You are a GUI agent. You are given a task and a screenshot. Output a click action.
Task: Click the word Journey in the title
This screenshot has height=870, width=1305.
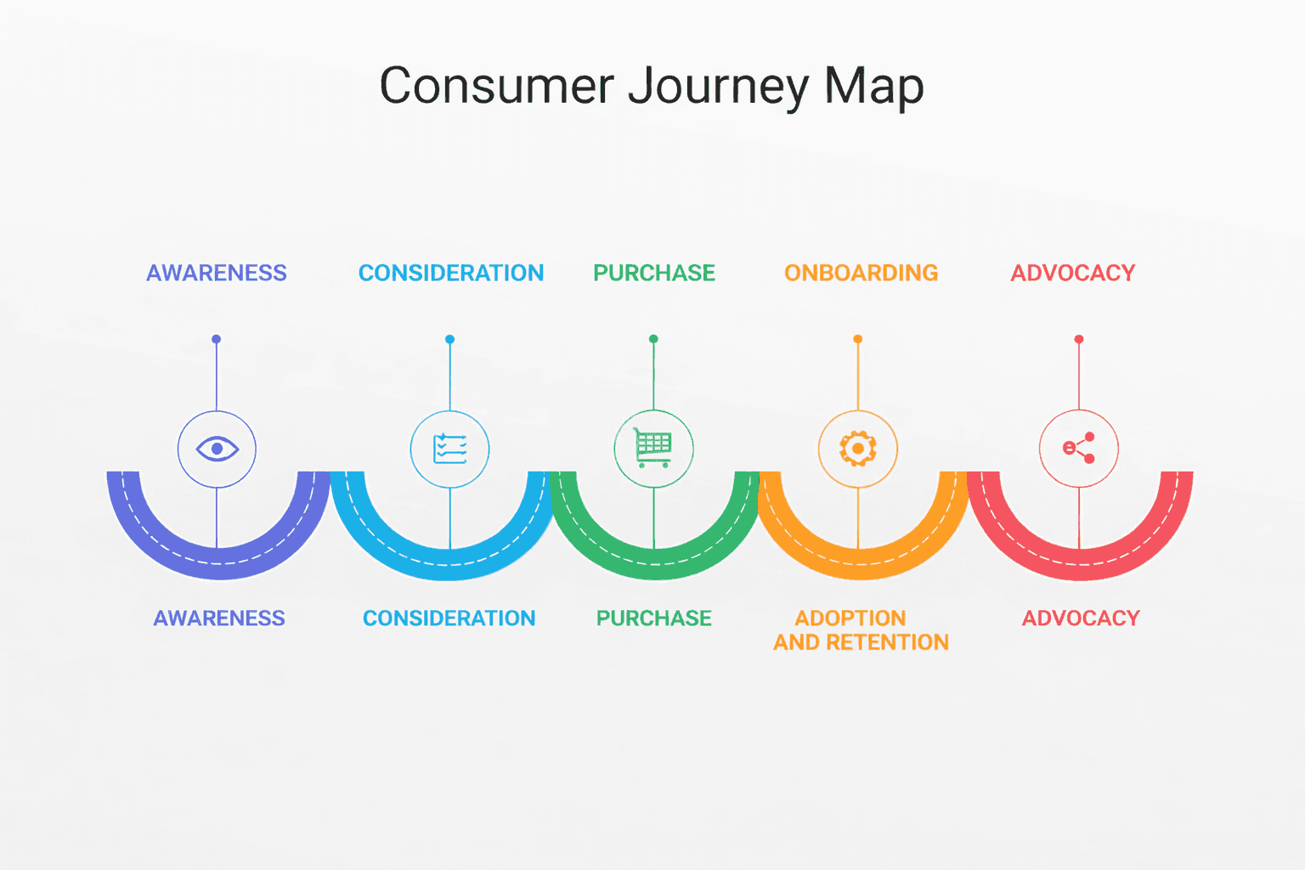pyautogui.click(x=719, y=87)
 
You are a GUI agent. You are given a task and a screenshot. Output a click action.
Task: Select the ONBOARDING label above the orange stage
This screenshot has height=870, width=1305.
pyautogui.click(x=861, y=273)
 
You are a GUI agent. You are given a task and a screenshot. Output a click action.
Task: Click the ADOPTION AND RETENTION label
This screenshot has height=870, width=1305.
pyautogui.click(x=860, y=630)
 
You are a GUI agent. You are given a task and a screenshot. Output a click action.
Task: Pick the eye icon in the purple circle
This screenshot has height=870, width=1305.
pyautogui.click(x=217, y=449)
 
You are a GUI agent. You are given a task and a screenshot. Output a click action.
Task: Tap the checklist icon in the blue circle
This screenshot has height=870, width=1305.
pyautogui.click(x=449, y=449)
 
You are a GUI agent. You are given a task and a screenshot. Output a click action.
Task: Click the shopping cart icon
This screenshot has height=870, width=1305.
pyautogui.click(x=653, y=448)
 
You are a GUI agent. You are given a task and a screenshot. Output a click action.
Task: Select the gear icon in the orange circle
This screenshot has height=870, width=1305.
pyautogui.click(x=858, y=449)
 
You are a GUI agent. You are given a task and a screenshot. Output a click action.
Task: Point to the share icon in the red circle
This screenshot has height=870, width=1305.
pyautogui.click(x=1079, y=449)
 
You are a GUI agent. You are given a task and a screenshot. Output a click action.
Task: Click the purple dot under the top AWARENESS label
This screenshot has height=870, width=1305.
pyautogui.click(x=217, y=339)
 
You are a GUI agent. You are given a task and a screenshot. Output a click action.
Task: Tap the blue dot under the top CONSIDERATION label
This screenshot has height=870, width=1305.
pyautogui.click(x=449, y=339)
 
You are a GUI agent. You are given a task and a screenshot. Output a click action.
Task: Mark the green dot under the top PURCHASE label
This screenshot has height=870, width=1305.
pyautogui.click(x=653, y=339)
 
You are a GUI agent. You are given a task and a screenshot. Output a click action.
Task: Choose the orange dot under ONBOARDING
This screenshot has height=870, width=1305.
pyautogui.click(x=858, y=339)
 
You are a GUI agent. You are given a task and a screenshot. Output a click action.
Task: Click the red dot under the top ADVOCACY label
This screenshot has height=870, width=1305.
pyautogui.click(x=1079, y=339)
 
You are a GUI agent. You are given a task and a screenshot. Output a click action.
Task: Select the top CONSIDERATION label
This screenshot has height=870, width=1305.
pyautogui.click(x=451, y=273)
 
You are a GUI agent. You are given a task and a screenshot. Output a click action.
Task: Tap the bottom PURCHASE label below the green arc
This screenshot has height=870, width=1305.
pyautogui.click(x=653, y=618)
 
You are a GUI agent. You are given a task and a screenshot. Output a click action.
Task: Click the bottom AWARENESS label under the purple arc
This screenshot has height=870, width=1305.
pyautogui.click(x=219, y=618)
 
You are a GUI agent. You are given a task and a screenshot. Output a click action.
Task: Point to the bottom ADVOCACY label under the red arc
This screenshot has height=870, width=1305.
pyautogui.click(x=1081, y=618)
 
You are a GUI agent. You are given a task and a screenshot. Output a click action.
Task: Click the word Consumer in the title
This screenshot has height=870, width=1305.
pyautogui.click(x=496, y=87)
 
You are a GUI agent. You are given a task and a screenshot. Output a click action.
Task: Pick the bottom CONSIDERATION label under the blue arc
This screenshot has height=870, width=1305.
pyautogui.click(x=449, y=618)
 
